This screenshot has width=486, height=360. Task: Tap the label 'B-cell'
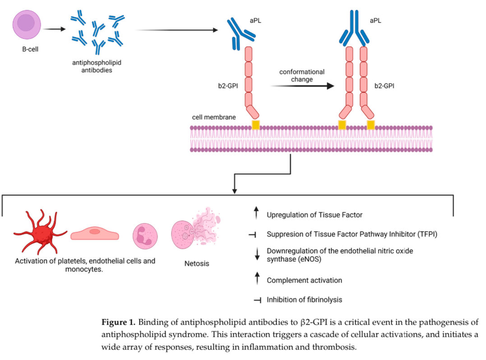[x=30, y=49]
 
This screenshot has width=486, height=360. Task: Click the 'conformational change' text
[x=301, y=75]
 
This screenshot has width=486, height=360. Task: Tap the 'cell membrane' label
[x=213, y=117]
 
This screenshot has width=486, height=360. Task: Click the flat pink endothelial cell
[x=95, y=234]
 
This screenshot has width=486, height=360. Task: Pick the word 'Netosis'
[x=197, y=263]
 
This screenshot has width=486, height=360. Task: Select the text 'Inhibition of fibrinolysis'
[x=304, y=299]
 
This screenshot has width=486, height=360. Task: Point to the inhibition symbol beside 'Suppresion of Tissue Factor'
[x=255, y=234]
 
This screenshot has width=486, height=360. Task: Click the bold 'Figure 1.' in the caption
[x=118, y=323]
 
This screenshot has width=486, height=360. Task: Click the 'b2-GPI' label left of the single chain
[x=228, y=85]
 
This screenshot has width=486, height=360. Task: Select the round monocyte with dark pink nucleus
[x=147, y=237]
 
